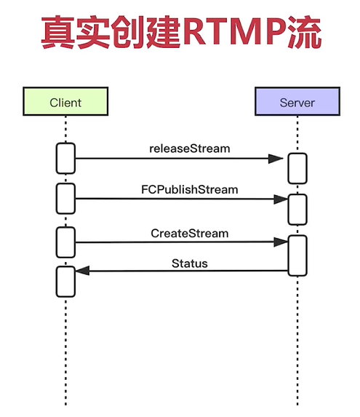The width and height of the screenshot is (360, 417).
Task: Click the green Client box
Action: coord(65,102)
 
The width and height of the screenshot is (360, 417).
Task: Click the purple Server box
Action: coord(297,102)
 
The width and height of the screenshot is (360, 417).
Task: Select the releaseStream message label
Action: coord(189,148)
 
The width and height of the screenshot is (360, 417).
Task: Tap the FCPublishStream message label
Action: coord(189,189)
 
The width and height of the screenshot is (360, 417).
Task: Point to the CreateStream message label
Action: coord(189,234)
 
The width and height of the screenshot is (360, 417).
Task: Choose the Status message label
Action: coord(189,263)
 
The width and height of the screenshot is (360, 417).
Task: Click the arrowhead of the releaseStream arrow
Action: coord(276,158)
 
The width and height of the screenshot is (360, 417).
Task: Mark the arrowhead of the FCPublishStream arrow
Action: coord(279,199)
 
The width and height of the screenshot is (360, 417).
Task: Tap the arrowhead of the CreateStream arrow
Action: coord(279,242)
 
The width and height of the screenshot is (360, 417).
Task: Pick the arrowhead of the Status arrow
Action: coord(82,271)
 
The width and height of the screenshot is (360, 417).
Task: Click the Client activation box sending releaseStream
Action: coord(65,159)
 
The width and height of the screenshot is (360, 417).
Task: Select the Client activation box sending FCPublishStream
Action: coord(65,199)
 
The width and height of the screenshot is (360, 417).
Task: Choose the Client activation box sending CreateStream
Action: coord(65,242)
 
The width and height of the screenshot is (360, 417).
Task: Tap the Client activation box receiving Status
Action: coord(65,281)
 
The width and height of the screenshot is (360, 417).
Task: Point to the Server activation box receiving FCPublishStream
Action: coord(297,209)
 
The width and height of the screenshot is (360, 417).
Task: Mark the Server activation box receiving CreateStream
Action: coord(297,255)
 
